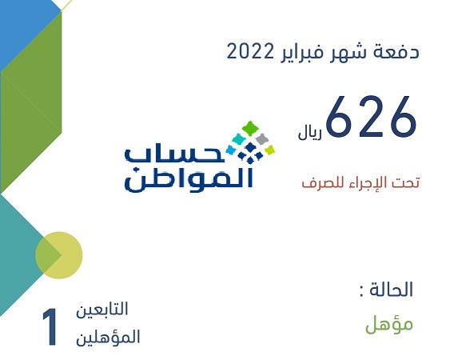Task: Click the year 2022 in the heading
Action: point(250,52)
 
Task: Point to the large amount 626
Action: point(371,116)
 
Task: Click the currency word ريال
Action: point(310,134)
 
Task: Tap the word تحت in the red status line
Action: point(406,182)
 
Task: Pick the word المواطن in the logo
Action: point(189,179)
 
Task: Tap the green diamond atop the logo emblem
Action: point(250,128)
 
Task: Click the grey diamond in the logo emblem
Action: point(261,138)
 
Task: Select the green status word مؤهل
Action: point(389,325)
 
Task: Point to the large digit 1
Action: point(50,327)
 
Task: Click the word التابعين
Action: point(102,310)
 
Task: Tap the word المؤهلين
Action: point(108,337)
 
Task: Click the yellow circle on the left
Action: point(59,255)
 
